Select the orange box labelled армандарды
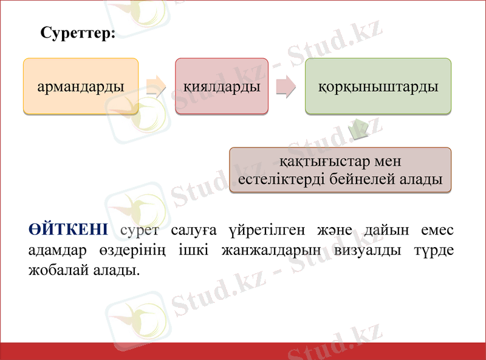(x=81, y=86)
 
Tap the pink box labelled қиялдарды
(x=222, y=86)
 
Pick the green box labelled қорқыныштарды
(x=378, y=86)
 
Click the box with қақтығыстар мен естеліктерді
(x=340, y=171)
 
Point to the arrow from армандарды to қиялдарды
(x=156, y=87)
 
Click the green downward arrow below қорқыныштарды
(x=358, y=128)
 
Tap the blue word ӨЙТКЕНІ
(x=68, y=230)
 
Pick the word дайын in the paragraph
(x=385, y=230)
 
